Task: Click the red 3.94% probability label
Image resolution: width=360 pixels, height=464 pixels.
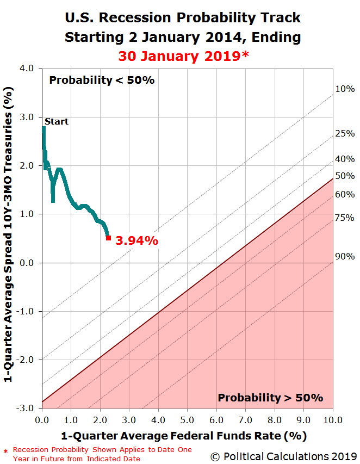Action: pos(136,240)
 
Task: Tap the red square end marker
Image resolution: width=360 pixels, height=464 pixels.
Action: pos(108,238)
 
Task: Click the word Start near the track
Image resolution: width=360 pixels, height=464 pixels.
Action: pos(56,121)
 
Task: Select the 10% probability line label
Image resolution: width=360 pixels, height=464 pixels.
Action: pos(345,89)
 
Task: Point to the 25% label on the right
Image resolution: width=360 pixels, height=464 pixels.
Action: pos(345,133)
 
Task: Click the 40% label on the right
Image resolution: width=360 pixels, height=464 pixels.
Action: pos(345,159)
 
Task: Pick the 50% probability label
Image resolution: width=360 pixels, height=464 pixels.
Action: pos(345,176)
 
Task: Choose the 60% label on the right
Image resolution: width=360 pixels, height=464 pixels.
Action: pos(345,194)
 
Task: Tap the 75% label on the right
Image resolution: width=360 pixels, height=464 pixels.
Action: pos(345,218)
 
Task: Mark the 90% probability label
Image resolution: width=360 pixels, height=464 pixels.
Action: pos(345,256)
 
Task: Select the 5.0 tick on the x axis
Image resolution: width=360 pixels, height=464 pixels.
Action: pos(187,420)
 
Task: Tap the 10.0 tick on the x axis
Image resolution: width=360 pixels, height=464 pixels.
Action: pos(331,420)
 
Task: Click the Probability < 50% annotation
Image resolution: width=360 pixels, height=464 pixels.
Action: pos(102,81)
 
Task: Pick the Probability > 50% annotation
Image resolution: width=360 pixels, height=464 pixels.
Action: pos(270,398)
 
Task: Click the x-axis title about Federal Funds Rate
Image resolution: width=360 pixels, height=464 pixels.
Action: pos(184,436)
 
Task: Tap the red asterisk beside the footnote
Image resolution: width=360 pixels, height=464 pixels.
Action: pos(5,451)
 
